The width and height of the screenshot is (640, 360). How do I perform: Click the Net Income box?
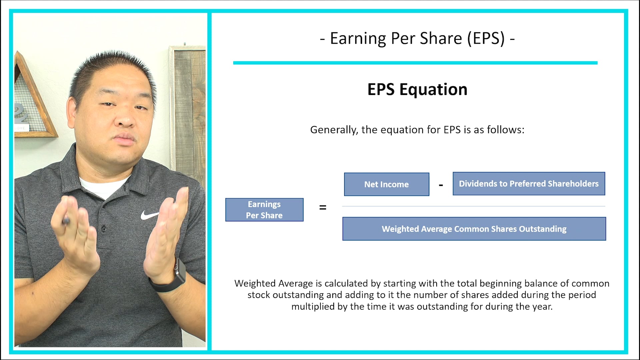tap(386, 184)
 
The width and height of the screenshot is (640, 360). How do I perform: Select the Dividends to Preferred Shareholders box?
tap(529, 184)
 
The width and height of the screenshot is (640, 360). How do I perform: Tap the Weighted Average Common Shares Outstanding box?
tap(474, 229)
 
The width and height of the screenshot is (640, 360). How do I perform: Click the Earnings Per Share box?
tap(264, 210)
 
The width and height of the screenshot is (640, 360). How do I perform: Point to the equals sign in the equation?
tap(323, 207)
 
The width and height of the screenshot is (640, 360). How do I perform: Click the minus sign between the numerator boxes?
tap(441, 185)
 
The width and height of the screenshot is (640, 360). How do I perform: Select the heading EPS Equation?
tap(417, 89)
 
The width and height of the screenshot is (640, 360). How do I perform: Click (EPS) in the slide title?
tap(486, 38)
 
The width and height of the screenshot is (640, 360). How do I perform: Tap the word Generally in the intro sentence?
tap(334, 130)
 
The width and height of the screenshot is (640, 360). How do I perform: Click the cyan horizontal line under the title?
tap(415, 63)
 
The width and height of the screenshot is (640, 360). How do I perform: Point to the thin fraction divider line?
tap(473, 206)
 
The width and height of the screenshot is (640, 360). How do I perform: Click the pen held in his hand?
tap(66, 221)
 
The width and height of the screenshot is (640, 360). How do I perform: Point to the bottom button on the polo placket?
tap(104, 229)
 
